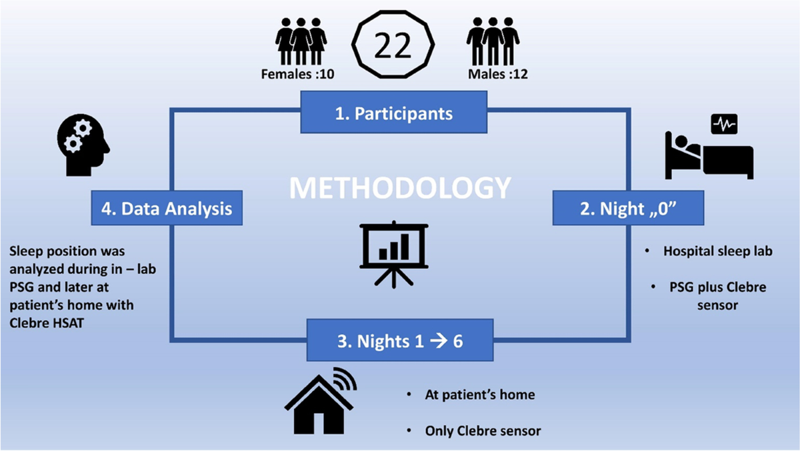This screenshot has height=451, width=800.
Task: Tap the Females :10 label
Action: pos(297,73)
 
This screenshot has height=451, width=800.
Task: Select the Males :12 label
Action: pos(497,73)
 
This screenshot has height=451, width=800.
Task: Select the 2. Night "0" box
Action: pos(628,209)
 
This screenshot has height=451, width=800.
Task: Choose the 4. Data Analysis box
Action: pos(167,209)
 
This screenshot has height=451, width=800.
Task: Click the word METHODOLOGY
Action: pos(400,188)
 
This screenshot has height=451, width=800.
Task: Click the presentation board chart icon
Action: pos(394,253)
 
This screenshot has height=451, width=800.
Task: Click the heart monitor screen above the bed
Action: pos(725,124)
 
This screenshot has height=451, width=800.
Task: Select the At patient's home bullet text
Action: pos(479,394)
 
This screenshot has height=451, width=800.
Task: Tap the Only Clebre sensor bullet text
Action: pos(483,430)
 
